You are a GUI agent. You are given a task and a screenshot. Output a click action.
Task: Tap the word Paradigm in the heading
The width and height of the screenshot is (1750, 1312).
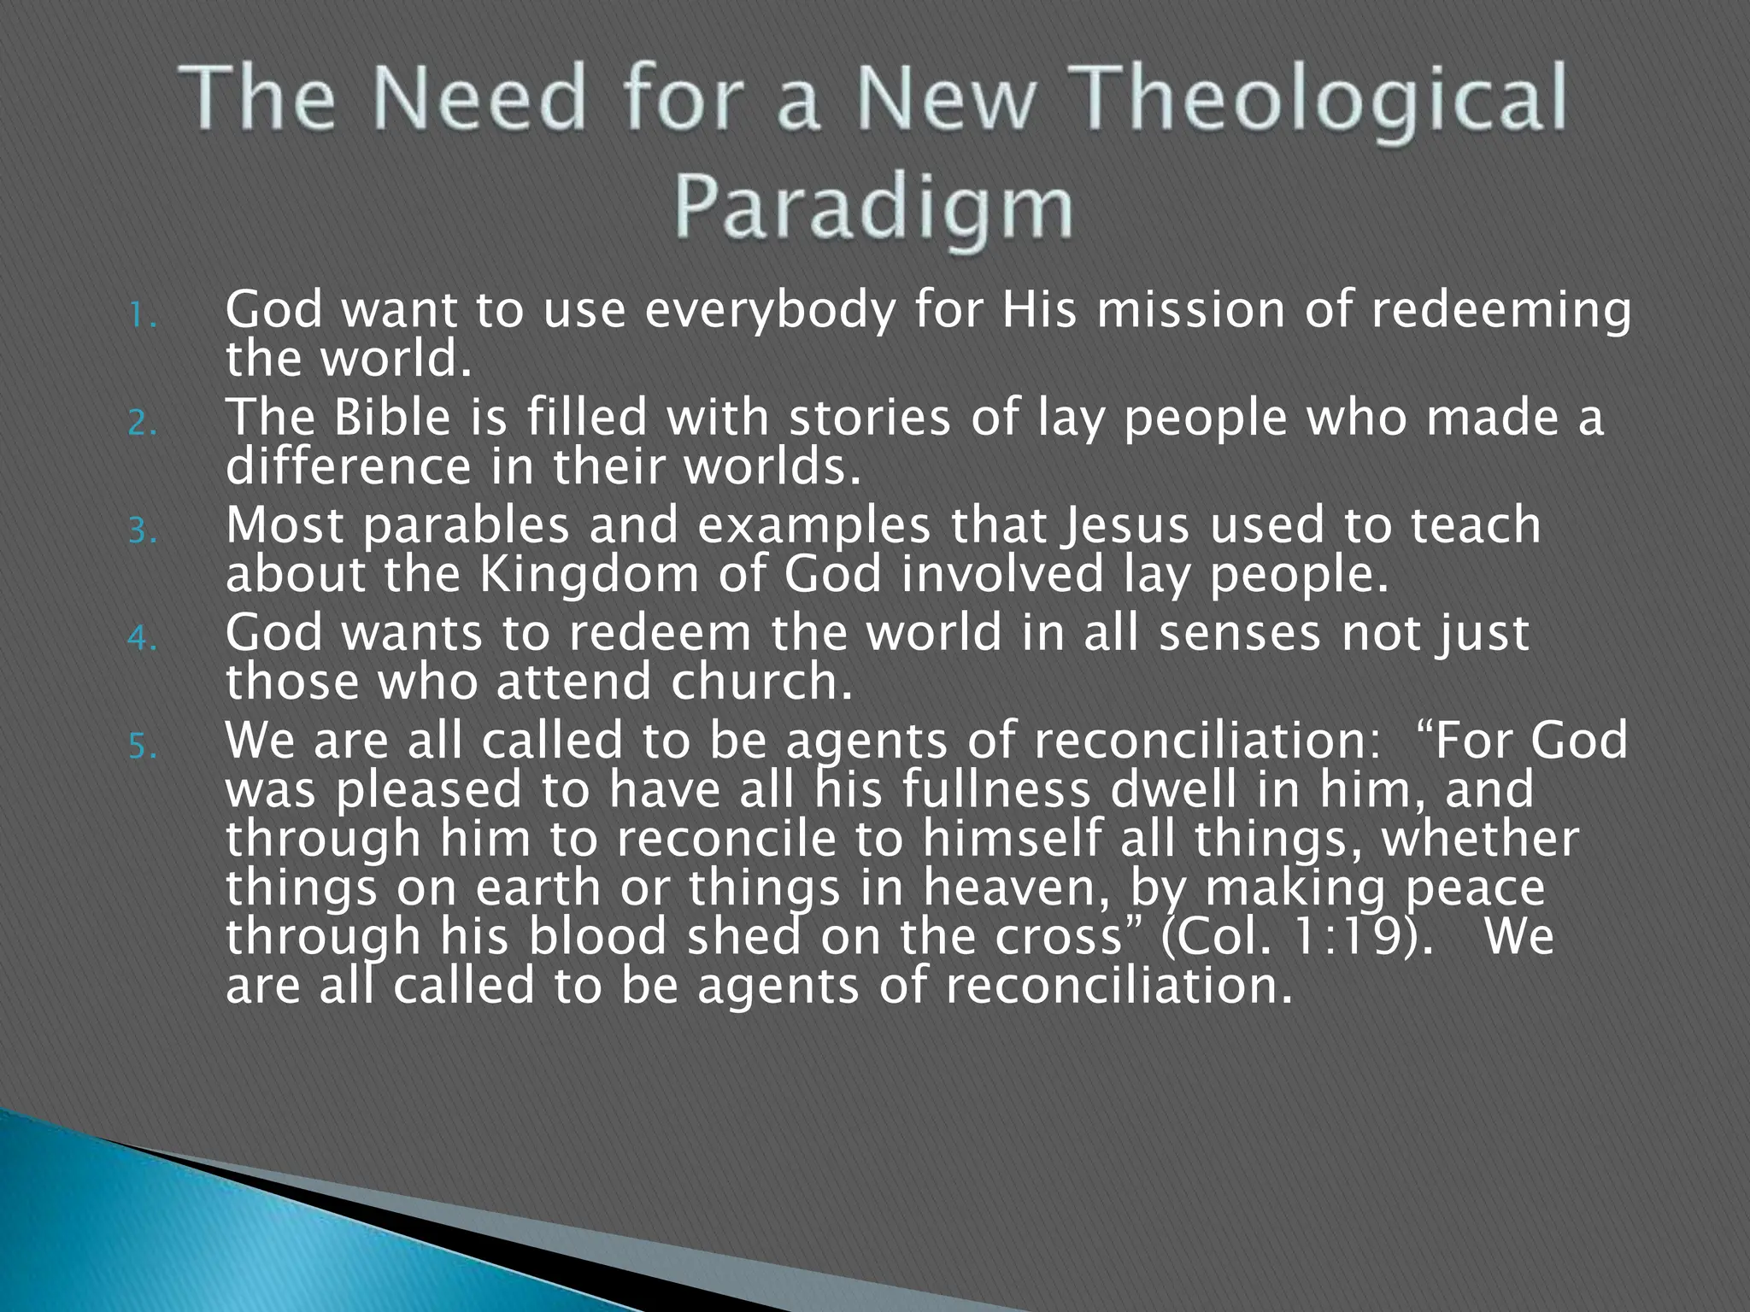click(873, 208)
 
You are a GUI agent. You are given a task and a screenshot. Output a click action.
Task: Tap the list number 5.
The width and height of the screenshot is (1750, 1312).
click(143, 747)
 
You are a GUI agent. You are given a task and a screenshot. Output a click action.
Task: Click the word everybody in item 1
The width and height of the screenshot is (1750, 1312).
click(770, 312)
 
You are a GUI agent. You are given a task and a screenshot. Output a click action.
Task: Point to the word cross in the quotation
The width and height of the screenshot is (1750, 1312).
click(1060, 937)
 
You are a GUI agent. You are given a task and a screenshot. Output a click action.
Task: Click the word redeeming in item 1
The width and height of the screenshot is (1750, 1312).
click(1501, 312)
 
